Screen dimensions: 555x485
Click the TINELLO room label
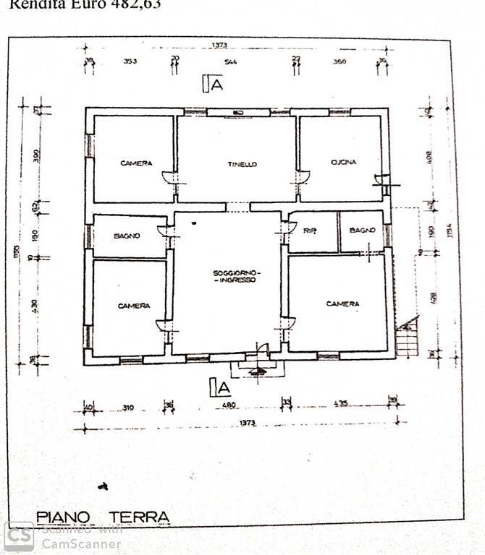(242, 165)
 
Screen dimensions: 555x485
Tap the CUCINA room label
(343, 163)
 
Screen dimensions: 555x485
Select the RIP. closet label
(310, 231)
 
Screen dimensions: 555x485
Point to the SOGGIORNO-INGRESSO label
(235, 275)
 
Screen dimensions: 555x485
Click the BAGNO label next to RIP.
(362, 230)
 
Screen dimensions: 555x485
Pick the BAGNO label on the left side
(127, 236)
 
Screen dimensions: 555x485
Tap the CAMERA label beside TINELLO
(136, 163)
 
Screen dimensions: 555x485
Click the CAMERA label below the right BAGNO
(342, 304)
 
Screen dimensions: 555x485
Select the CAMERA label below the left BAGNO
(133, 306)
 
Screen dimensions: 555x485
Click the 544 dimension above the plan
(230, 62)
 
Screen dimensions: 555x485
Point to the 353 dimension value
(130, 62)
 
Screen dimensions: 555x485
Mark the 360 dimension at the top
(339, 62)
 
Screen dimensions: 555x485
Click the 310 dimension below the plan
(128, 408)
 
